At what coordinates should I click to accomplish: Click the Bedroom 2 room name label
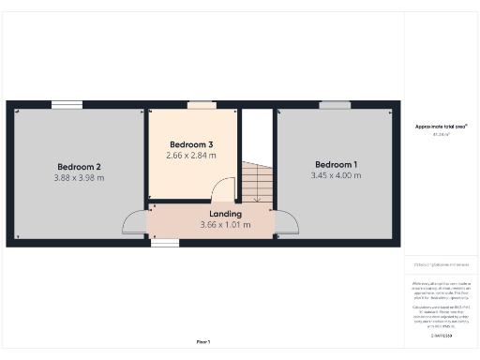coord(79,166)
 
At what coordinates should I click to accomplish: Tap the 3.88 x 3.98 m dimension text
coord(79,177)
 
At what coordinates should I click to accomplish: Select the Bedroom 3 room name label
coord(191,143)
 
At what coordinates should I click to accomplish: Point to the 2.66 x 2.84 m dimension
coord(191,155)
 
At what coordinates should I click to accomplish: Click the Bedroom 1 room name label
coord(336,164)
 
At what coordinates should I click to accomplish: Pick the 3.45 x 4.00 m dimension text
coord(336,175)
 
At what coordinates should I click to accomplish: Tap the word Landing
coord(225,215)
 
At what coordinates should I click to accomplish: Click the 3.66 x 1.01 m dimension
coord(225,225)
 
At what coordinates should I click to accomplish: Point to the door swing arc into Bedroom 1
coord(287,222)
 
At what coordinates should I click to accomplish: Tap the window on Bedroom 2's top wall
coord(66,104)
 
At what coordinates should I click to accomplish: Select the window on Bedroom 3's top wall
coord(200,104)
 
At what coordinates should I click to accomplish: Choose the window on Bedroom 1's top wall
coord(333,104)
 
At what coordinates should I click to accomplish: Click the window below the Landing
coord(165,244)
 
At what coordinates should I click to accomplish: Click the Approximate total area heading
coord(441,126)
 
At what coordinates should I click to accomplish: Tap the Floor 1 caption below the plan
coord(203,342)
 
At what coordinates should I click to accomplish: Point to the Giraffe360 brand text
coord(441,335)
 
